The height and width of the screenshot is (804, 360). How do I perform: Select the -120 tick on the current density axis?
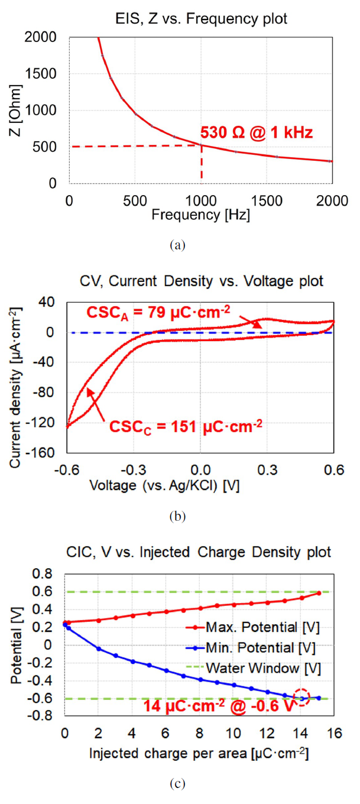click(48, 423)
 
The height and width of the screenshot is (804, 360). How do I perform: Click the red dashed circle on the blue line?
click(302, 698)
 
